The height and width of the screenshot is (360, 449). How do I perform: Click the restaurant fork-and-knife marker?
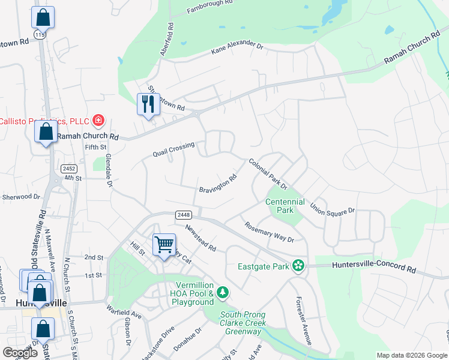[x=148, y=104]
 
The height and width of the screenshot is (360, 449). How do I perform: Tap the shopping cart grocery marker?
[x=163, y=245]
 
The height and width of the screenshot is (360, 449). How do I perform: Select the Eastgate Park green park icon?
[x=298, y=265]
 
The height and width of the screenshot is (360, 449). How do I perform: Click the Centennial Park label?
[x=285, y=206]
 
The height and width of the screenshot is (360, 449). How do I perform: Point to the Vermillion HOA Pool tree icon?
[x=223, y=292]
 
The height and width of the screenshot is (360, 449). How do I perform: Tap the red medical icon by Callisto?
[x=98, y=121]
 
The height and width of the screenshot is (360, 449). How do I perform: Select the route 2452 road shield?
[x=68, y=169]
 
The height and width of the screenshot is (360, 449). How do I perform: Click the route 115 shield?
[x=40, y=35]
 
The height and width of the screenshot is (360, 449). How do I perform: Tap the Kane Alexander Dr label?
[x=237, y=49]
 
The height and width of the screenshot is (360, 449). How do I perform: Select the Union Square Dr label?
[x=333, y=208]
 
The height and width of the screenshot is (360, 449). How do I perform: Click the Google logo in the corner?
[x=20, y=353]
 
